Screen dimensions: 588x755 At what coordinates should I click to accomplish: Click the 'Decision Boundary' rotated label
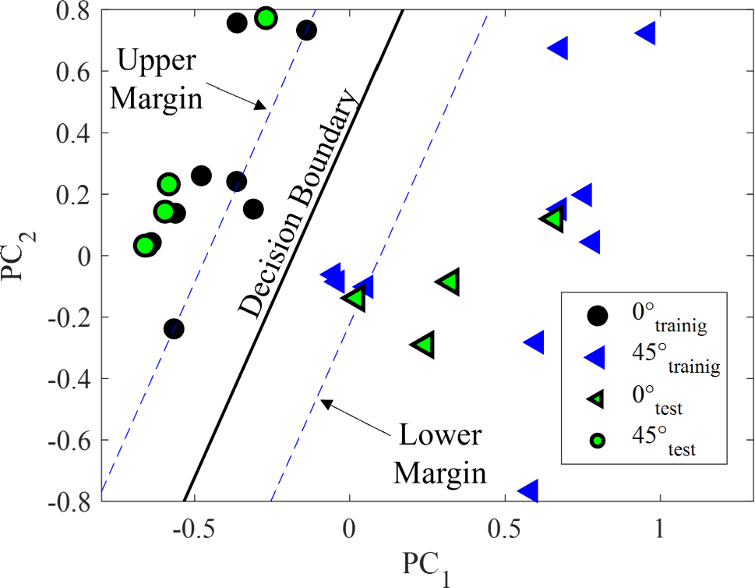tap(298, 204)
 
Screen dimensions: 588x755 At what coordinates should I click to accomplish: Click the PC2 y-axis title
tap(17, 255)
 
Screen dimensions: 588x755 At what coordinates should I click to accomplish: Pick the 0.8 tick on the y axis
tap(74, 11)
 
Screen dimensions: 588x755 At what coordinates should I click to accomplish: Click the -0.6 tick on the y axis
tap(71, 440)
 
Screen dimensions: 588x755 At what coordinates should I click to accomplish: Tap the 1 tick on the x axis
tap(660, 526)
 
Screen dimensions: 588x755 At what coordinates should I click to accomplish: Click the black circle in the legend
tap(598, 315)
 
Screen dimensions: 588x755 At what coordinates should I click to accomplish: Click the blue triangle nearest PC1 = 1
tap(645, 34)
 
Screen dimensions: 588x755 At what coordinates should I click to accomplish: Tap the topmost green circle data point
tap(266, 18)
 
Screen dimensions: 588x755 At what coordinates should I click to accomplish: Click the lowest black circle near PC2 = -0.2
tap(174, 328)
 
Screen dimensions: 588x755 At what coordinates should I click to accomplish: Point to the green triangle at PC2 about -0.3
tap(423, 344)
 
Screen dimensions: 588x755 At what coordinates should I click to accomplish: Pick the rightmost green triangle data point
tap(552, 218)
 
